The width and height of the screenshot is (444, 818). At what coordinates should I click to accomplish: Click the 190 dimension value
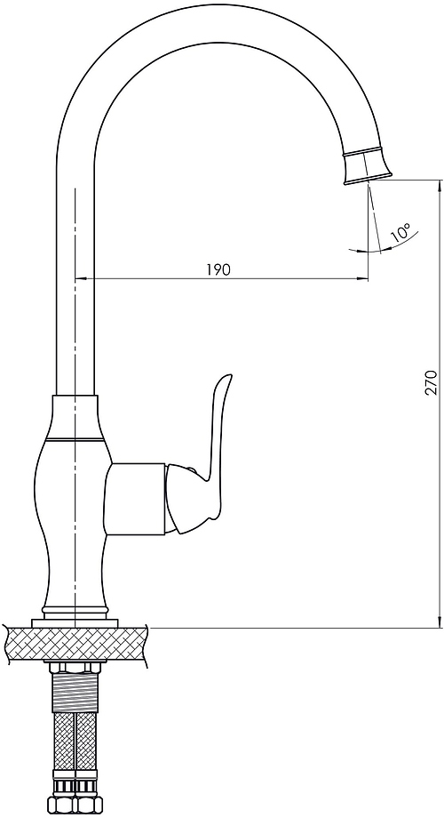[x=218, y=269]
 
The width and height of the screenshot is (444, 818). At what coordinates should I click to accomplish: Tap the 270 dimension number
[x=431, y=382]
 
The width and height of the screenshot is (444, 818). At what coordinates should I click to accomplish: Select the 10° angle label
[x=400, y=232]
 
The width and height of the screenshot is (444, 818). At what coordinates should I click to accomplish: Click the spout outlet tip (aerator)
[x=369, y=167]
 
